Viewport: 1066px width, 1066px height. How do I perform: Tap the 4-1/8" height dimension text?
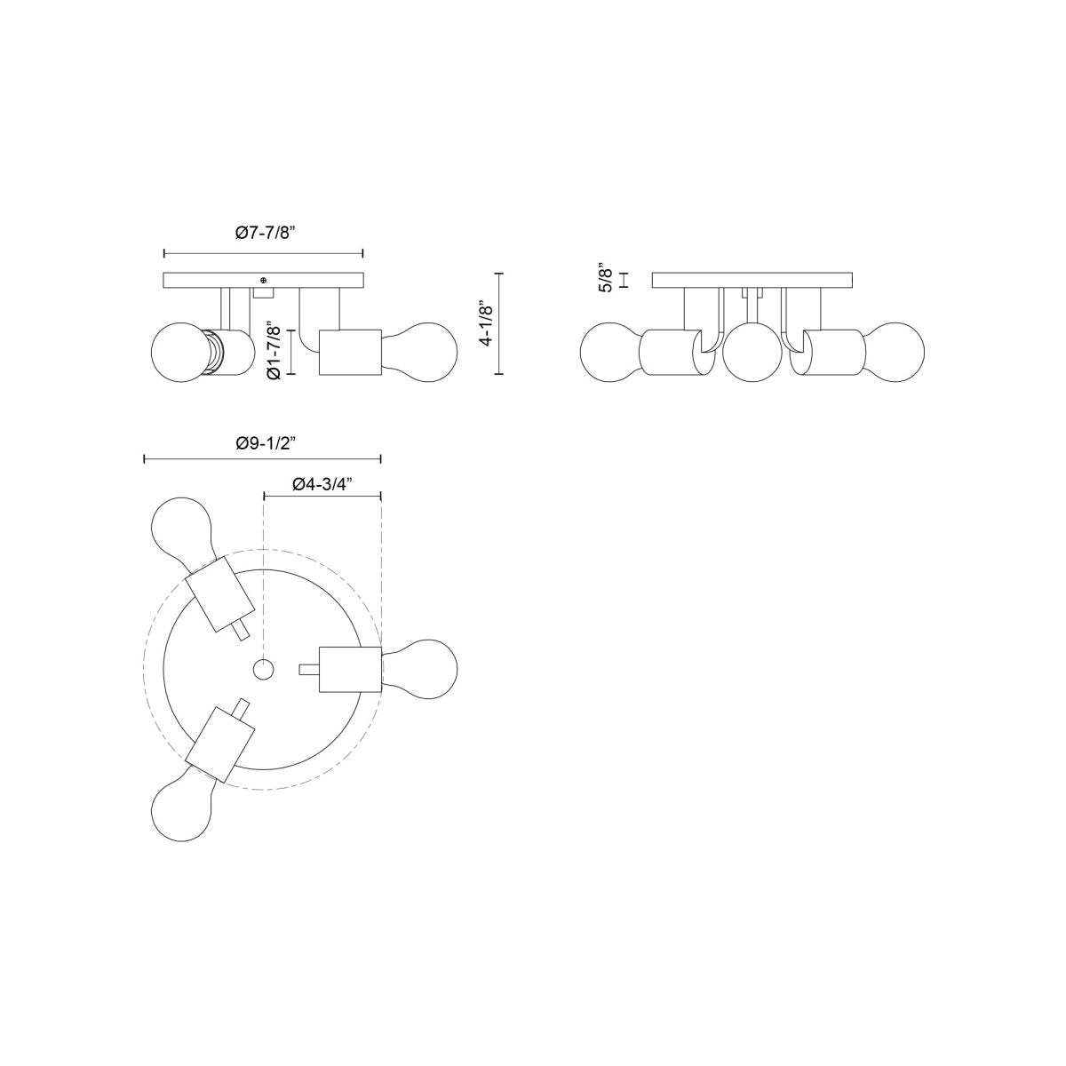point(485,325)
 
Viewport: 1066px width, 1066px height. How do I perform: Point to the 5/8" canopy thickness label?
point(606,277)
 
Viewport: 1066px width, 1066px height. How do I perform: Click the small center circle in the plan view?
point(264,669)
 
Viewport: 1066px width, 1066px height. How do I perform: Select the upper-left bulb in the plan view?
point(181,535)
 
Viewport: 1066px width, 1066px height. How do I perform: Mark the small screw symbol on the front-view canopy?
point(263,280)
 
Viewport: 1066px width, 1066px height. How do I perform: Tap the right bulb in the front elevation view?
point(421,352)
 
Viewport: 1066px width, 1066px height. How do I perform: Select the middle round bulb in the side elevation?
point(752,353)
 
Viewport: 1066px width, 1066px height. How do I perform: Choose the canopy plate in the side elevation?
point(752,280)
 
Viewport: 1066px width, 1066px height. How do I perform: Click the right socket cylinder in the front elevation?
point(350,353)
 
